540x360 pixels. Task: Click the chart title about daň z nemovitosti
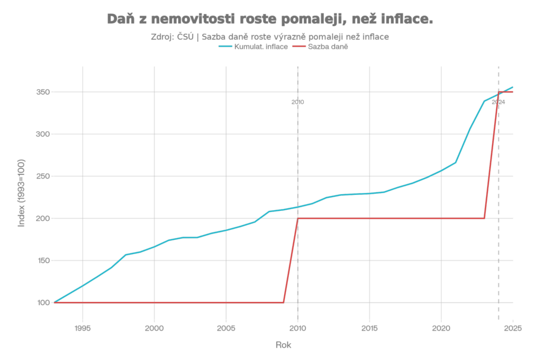270,20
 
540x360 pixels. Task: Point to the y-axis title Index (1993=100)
22,192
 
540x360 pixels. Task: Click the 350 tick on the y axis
42,92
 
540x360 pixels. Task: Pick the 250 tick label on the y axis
42,177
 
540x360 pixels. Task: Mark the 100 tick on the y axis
42,303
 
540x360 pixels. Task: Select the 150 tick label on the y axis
42,260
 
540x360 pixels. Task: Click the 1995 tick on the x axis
82,328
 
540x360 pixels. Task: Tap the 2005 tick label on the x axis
226,328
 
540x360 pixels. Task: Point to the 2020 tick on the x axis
441,328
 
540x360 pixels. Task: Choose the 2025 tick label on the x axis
513,328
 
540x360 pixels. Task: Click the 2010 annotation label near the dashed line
298,102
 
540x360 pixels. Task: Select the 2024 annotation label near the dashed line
498,102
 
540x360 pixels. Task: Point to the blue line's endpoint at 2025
513,87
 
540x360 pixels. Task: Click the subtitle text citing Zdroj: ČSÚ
270,37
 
